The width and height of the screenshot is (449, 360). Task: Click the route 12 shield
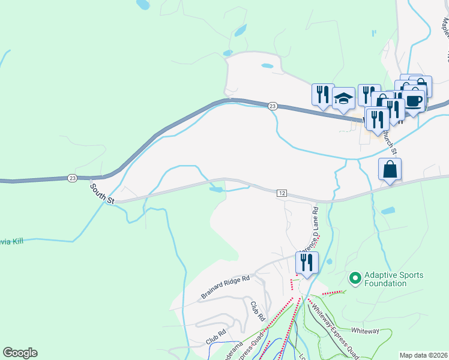tap(282, 193)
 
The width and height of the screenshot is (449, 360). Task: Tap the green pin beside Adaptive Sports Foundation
tap(355, 278)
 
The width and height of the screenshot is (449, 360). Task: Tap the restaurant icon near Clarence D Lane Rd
tap(307, 262)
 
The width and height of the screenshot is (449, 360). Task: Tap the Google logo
tap(20, 353)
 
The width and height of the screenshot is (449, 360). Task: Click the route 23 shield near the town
tap(273, 106)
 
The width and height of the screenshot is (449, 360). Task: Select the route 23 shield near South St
tap(73, 178)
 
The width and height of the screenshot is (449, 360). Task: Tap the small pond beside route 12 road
tap(215, 190)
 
